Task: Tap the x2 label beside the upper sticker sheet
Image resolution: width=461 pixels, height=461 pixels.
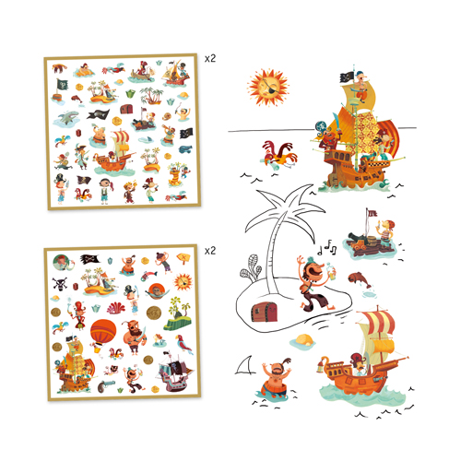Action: [210, 58]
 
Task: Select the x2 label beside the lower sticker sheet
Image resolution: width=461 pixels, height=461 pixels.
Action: [210, 251]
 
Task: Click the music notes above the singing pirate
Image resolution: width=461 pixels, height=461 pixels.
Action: [327, 248]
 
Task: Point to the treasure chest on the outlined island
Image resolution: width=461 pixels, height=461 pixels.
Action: [265, 312]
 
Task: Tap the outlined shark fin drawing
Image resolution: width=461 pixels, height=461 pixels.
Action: [245, 365]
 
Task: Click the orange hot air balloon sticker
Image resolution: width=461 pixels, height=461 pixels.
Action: [103, 333]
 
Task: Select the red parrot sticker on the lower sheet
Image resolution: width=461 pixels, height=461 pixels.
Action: [183, 344]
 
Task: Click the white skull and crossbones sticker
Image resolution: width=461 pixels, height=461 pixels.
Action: [60, 284]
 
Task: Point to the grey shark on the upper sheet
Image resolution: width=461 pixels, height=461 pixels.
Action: [67, 118]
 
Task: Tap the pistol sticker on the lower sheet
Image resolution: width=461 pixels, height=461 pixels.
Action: [106, 386]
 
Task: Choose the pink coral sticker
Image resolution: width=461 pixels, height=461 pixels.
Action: [116, 308]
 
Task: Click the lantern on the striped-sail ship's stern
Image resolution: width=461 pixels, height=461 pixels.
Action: [321, 365]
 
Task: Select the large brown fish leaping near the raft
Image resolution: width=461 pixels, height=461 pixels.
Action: [360, 279]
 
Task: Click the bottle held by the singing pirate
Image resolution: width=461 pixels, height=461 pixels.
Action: [331, 271]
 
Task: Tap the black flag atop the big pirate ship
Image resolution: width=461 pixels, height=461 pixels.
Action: [347, 77]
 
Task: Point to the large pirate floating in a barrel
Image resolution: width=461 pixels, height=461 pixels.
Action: [275, 379]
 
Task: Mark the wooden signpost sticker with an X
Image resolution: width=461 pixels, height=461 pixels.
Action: [183, 257]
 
